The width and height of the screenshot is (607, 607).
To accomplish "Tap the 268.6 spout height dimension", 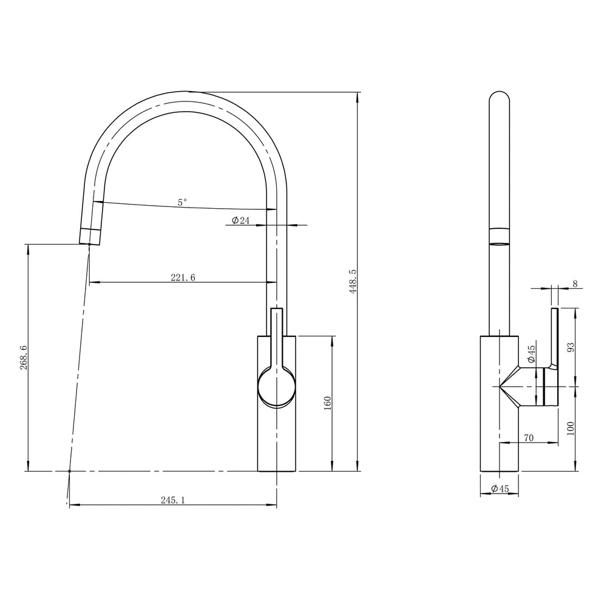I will (23, 358).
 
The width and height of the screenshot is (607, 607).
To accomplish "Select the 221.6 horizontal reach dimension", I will (183, 277).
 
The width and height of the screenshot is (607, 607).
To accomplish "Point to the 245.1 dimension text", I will (172, 500).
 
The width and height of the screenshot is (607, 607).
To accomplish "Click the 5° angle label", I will (183, 203).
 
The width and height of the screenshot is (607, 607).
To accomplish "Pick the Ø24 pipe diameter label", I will (241, 221).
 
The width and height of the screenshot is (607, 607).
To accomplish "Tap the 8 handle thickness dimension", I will (574, 283).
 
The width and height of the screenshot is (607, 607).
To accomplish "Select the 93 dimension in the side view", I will (570, 347).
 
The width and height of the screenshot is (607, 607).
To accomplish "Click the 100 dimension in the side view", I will (570, 428).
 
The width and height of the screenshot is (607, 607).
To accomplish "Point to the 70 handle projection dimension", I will (528, 438).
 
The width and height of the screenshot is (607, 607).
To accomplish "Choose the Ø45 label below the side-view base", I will (500, 489).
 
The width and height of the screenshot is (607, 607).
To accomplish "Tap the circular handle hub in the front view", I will (277, 387).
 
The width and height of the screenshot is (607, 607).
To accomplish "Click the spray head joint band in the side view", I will (500, 237).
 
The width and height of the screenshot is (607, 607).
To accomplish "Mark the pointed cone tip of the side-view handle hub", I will (501, 387).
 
